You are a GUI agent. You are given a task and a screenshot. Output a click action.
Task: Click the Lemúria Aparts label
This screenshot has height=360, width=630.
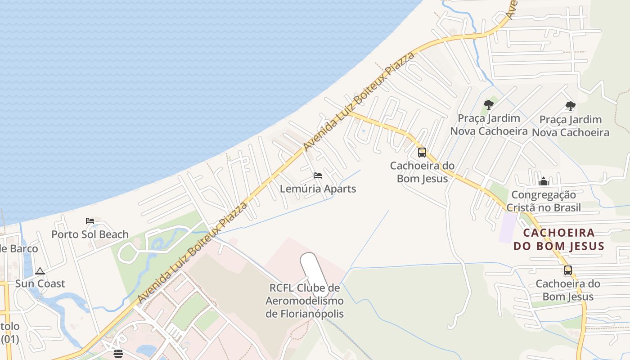318,189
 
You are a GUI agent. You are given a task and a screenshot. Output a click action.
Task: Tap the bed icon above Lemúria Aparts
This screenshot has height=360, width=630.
318,175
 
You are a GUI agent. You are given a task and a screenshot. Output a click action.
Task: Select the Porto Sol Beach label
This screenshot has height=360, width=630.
90,234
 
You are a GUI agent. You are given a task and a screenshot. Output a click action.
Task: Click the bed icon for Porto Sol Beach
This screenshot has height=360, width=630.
90,221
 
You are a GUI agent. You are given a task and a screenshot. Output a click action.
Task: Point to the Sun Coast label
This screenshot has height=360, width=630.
40,283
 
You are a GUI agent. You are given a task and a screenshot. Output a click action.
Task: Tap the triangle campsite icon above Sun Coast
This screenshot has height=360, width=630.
40,271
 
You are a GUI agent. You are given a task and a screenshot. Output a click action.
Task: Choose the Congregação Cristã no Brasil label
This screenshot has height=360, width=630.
544,201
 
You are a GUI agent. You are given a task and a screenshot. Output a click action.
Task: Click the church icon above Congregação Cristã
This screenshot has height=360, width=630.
544,181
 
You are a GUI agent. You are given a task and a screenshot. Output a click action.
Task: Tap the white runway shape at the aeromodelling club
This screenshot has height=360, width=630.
314,272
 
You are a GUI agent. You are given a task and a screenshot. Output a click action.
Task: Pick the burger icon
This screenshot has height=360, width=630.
118,353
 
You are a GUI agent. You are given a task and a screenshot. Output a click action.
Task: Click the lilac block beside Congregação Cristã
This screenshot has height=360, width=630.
508,228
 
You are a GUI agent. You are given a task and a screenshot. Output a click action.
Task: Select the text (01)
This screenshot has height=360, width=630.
10,339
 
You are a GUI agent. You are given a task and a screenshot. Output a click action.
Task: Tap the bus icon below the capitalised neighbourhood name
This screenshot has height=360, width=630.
568,270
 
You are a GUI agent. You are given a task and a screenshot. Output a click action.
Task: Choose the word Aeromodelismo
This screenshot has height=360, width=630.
305,301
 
